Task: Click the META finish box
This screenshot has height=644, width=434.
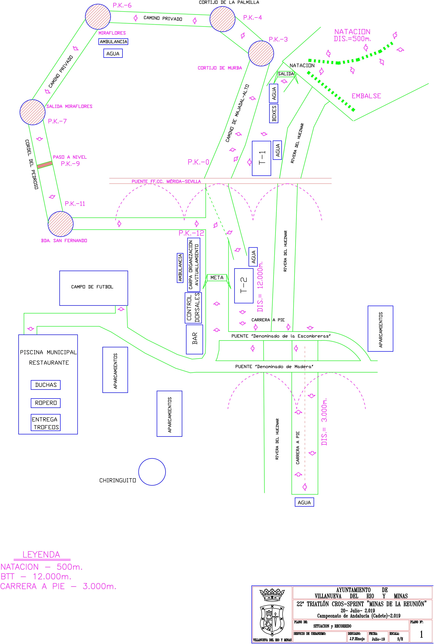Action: tap(217, 278)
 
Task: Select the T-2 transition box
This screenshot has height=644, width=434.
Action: tap(244, 286)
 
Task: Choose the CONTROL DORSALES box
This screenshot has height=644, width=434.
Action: tap(193, 308)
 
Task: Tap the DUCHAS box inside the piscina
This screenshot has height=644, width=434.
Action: tap(46, 385)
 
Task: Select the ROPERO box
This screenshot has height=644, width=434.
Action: tap(46, 403)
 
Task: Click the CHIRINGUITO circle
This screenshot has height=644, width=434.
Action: tap(152, 472)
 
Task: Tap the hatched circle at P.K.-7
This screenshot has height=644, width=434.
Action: tap(32, 112)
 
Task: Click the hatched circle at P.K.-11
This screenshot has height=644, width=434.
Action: tap(61, 224)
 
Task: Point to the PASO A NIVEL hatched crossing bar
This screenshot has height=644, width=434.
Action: tap(45, 165)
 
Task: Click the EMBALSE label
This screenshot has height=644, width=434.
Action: tap(366, 96)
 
